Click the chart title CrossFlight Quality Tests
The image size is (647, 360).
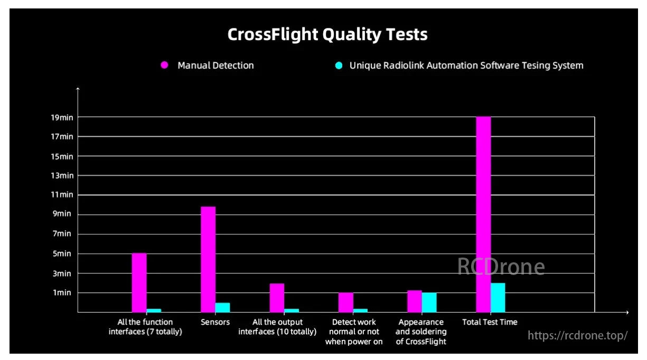327,35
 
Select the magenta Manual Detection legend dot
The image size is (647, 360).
164,65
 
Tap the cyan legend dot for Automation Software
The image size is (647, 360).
339,65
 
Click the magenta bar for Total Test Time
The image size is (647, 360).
483,214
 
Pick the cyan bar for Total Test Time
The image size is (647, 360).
498,298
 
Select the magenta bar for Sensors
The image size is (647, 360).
208,259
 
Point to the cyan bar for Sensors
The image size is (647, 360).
223,307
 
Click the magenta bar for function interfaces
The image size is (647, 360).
139,282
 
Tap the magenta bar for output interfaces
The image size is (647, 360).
277,298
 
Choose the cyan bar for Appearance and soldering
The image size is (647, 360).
429,302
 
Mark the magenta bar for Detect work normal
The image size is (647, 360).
345,302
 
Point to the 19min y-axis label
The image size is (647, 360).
62,117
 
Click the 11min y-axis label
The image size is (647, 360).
62,195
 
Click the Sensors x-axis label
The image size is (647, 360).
215,322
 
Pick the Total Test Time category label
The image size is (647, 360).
490,322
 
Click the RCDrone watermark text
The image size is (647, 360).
501,267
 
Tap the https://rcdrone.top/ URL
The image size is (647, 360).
578,335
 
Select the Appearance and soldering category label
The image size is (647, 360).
421,331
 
